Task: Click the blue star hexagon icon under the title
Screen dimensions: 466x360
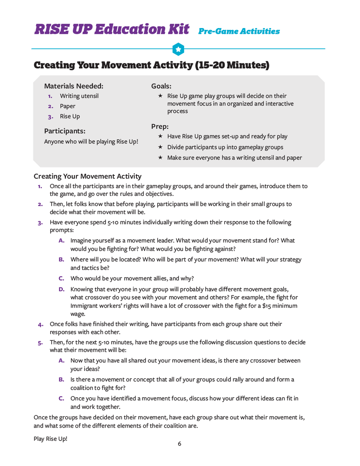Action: pos(178,49)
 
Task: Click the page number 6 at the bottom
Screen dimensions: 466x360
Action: pos(179,444)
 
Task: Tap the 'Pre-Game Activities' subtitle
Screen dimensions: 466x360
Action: pos(239,31)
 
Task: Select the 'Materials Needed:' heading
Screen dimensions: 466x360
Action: pos(74,86)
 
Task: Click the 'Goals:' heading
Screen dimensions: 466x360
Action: pos(161,86)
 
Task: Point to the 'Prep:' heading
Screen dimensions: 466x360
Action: pos(160,127)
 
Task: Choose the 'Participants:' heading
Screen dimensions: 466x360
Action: pos(65,131)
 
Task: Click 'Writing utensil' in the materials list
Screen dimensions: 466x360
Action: pos(79,96)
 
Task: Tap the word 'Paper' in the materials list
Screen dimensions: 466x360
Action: pos(68,106)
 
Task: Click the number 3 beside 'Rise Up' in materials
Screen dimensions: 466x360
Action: pos(50,117)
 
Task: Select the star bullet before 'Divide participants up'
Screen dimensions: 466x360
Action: pos(160,147)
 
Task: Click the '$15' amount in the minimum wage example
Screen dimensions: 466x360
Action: pos(266,306)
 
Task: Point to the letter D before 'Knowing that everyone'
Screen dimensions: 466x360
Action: pos(62,289)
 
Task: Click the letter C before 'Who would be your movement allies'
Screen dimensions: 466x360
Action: pos(62,279)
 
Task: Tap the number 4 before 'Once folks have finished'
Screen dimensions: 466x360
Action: pos(40,324)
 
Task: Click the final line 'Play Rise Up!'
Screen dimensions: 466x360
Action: pos(51,439)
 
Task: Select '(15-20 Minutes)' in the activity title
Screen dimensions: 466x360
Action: pos(232,65)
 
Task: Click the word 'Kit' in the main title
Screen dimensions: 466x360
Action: pos(179,29)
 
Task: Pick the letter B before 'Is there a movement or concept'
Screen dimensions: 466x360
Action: pos(62,380)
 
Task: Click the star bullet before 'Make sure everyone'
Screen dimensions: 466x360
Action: pos(160,158)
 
